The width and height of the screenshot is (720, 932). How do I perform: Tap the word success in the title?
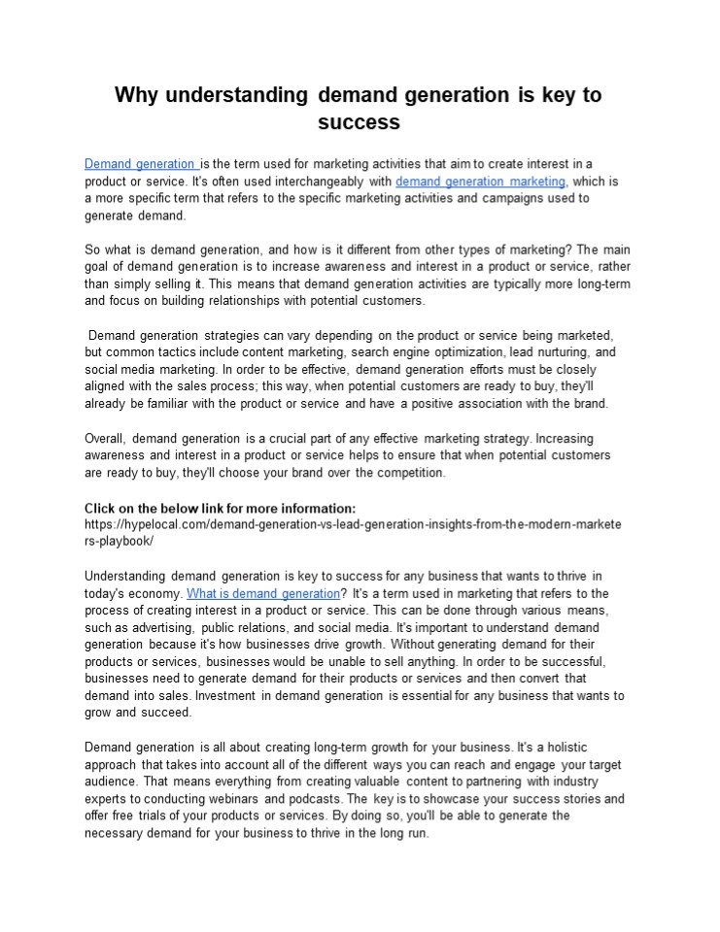[360, 123]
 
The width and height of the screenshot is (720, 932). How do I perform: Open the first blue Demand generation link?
[140, 164]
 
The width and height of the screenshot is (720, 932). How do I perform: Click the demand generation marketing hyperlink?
[480, 182]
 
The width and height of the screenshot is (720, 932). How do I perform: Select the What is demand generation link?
[262, 593]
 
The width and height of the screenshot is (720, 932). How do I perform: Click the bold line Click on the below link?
[221, 508]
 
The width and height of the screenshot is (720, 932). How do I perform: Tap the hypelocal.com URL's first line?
[354, 524]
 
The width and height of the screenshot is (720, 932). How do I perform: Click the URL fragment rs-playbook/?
[120, 541]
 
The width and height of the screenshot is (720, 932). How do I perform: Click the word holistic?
[580, 748]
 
